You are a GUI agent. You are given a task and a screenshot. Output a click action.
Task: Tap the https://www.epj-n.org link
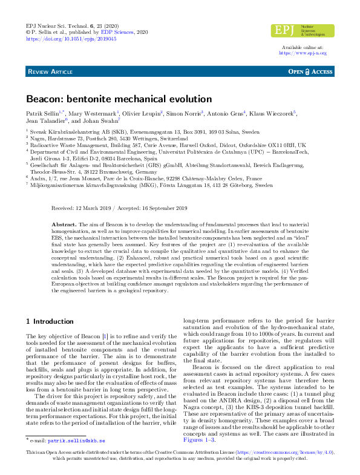[303, 53]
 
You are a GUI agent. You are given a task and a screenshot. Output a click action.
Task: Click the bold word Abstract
[66, 224]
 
